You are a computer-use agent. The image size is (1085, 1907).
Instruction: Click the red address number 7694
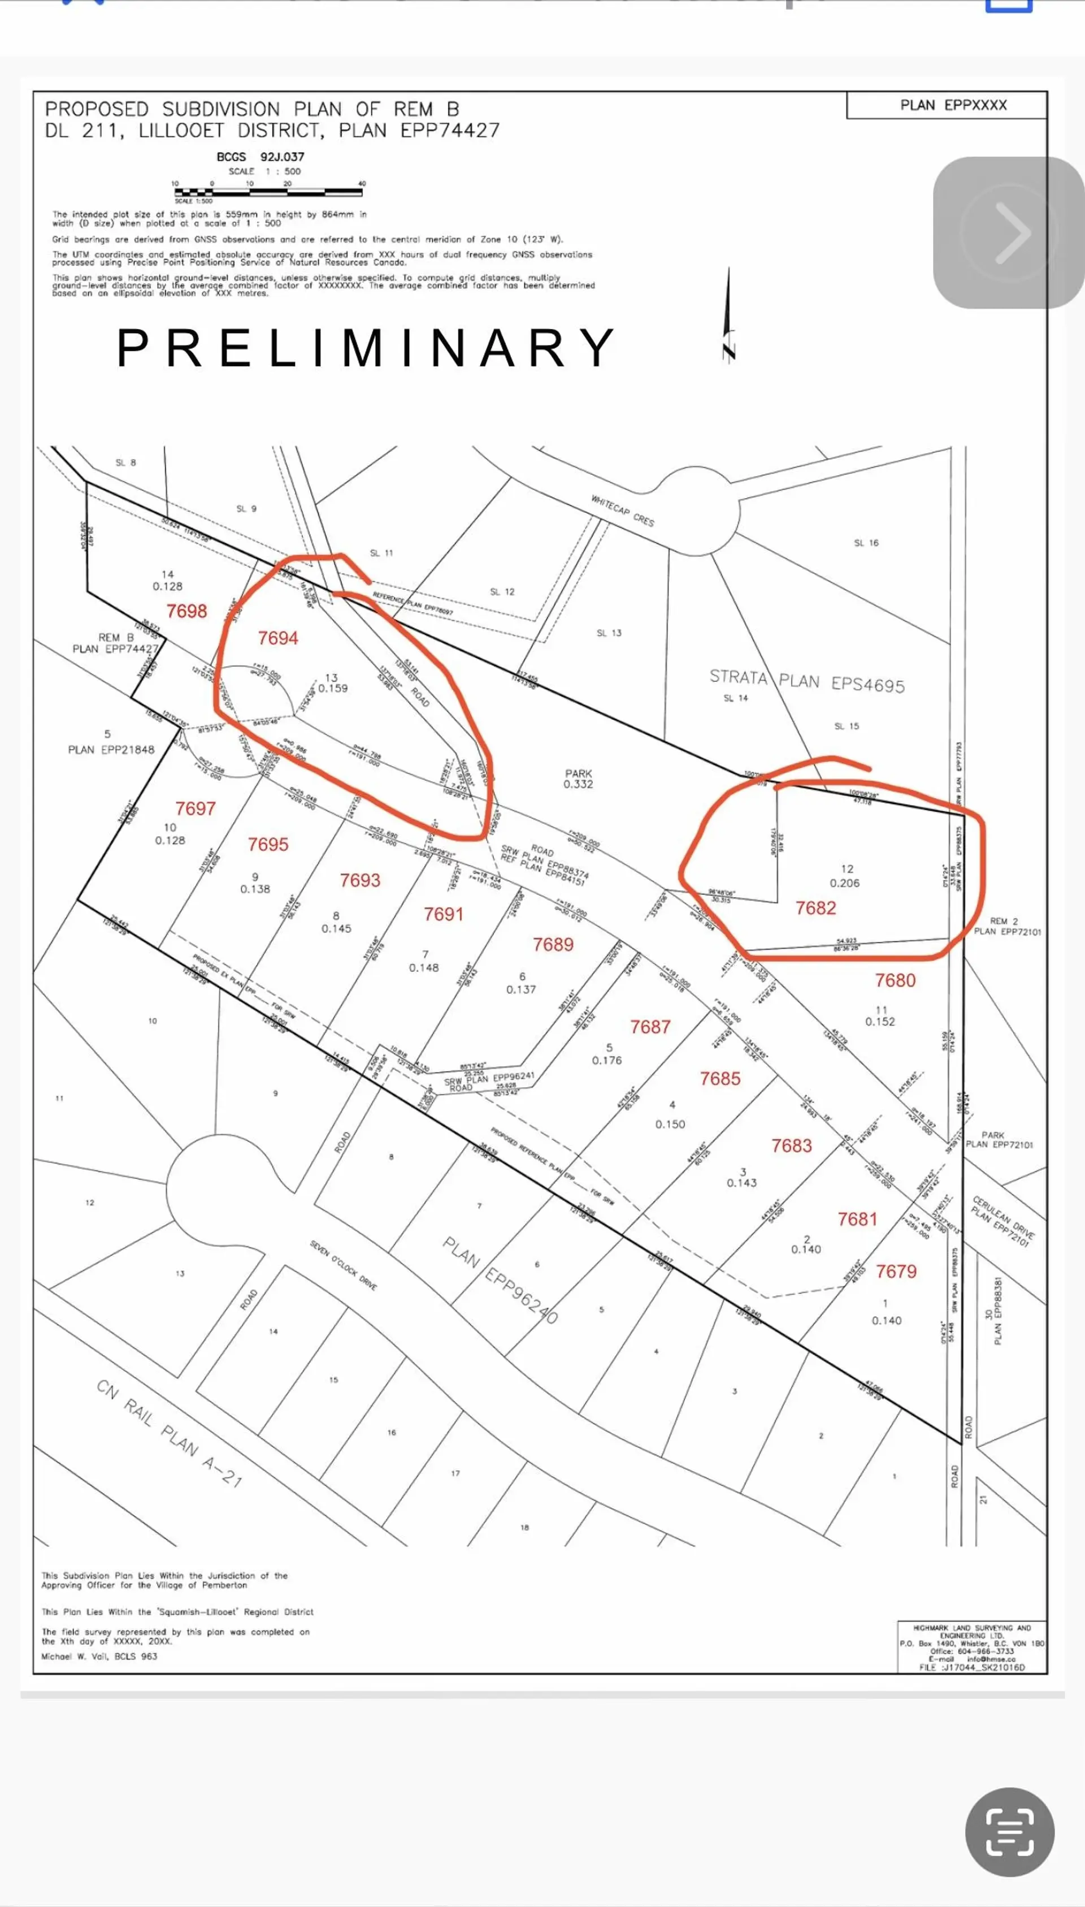[278, 638]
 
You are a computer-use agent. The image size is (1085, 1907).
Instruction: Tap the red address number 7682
[815, 907]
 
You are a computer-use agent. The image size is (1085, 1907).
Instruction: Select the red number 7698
[186, 611]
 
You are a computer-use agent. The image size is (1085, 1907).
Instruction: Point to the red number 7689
[553, 945]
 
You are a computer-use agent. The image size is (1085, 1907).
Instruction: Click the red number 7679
[896, 1271]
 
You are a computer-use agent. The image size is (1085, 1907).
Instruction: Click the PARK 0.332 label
[578, 779]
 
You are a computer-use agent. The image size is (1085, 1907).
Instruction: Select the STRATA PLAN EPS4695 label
[806, 681]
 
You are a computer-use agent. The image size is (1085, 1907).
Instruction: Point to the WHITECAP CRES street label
[622, 511]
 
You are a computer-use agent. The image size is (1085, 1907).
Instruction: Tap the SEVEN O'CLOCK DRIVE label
[344, 1265]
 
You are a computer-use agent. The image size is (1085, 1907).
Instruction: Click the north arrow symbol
[728, 317]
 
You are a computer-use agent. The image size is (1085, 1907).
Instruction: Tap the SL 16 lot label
[866, 543]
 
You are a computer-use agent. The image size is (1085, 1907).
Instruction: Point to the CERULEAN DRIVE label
[1002, 1221]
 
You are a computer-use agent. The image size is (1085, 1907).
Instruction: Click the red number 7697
[195, 808]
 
